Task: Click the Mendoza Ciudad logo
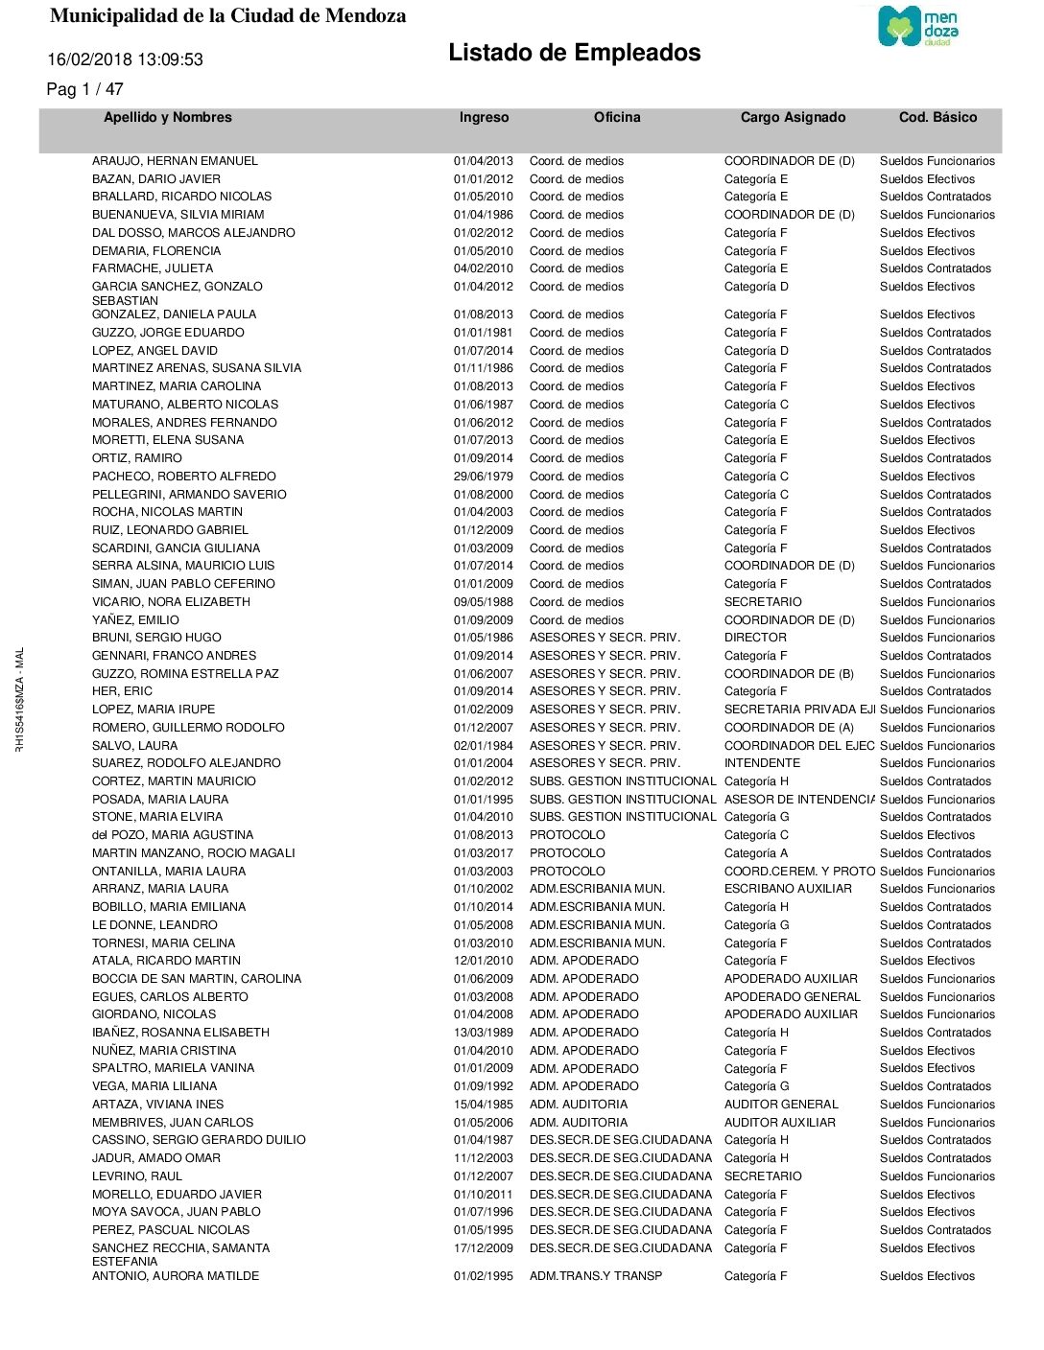917,26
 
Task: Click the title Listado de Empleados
574,53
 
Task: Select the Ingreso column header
484,117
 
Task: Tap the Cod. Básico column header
937,117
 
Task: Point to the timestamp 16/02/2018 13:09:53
126,59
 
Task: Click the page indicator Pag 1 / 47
84,89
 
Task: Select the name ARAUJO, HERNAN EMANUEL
175,161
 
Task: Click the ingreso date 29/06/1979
483,477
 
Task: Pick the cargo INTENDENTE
762,763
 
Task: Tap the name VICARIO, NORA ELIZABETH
171,602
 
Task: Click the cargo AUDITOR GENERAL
781,1105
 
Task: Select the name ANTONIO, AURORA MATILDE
176,1276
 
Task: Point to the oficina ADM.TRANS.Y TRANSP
596,1276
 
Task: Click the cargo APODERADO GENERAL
792,997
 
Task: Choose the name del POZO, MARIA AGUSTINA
173,835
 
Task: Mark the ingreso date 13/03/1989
483,1033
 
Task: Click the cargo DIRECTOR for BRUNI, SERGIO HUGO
755,638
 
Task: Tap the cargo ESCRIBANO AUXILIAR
788,889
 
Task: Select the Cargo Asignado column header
793,117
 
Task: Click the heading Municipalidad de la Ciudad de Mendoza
227,16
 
